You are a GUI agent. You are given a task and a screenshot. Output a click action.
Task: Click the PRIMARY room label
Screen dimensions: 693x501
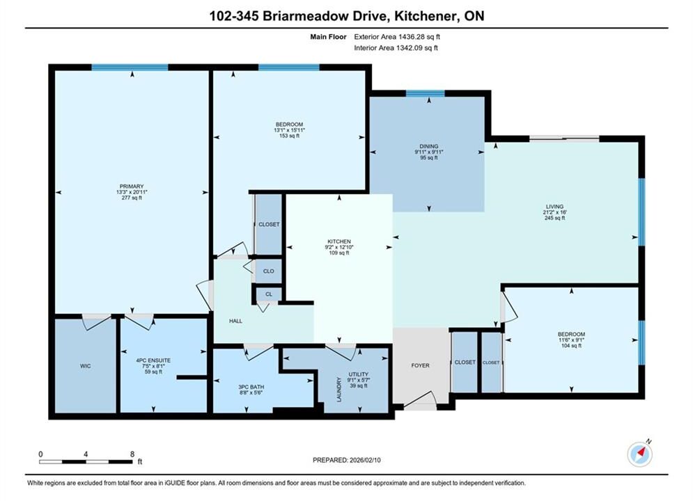tap(132, 186)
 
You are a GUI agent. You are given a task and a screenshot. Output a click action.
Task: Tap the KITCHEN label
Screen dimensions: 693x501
tap(339, 241)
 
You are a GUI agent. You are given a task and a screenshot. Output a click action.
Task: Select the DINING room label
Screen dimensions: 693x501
tap(429, 146)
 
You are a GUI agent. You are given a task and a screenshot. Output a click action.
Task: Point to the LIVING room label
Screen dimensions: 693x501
tap(554, 207)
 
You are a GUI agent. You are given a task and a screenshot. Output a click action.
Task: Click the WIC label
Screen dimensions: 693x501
tap(85, 366)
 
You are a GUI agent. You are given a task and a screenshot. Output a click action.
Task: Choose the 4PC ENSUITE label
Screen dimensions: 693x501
tap(153, 360)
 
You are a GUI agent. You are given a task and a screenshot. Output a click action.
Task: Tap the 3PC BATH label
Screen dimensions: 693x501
tap(251, 387)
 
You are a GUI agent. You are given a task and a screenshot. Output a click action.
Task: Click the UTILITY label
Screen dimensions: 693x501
tap(359, 374)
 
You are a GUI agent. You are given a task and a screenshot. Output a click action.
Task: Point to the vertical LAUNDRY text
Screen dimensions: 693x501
tap(339, 390)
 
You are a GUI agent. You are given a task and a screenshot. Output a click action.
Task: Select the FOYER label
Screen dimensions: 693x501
tap(420, 365)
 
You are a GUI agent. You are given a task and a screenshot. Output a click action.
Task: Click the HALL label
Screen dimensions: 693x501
tap(235, 321)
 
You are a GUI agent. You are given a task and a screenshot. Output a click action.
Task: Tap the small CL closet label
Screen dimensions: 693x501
tap(269, 294)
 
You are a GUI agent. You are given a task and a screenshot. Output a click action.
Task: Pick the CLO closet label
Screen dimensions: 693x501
tap(269, 271)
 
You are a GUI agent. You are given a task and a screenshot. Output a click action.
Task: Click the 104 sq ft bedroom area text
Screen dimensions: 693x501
tap(571, 346)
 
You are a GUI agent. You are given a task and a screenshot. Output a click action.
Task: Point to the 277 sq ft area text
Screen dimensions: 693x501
tap(132, 198)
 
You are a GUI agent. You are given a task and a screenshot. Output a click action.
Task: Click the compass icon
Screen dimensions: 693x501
tap(639, 453)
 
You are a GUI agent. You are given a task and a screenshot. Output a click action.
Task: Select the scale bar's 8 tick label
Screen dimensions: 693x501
tap(132, 454)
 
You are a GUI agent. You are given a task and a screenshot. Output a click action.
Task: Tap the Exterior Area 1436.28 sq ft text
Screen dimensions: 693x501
tap(397, 37)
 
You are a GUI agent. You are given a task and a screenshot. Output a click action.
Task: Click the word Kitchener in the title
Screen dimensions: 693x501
tap(425, 16)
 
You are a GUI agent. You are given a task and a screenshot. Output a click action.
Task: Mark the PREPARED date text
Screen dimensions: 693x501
tap(347, 460)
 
